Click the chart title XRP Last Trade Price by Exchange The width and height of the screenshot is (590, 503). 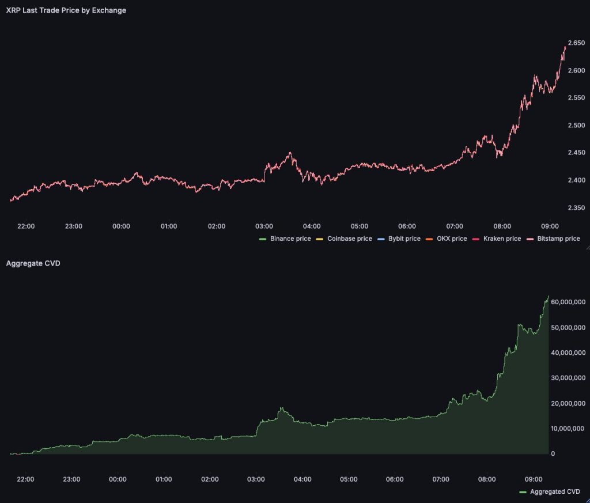[x=66, y=10]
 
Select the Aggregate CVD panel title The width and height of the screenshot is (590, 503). [x=33, y=264]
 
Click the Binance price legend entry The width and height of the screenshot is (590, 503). [x=290, y=239]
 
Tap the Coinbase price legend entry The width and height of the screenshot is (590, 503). [x=349, y=239]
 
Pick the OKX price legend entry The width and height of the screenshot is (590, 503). [x=451, y=239]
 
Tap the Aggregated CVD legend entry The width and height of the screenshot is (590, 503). [x=554, y=491]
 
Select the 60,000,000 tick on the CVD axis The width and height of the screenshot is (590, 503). [x=568, y=302]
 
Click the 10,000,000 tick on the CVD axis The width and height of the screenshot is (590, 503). [x=568, y=429]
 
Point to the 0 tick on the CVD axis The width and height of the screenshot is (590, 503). [x=553, y=454]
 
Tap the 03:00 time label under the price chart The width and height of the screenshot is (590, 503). [x=264, y=226]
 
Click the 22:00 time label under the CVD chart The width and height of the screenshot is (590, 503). [x=25, y=479]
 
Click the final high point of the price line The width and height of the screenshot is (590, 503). [x=565, y=47]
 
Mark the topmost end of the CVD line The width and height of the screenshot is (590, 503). [x=548, y=297]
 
